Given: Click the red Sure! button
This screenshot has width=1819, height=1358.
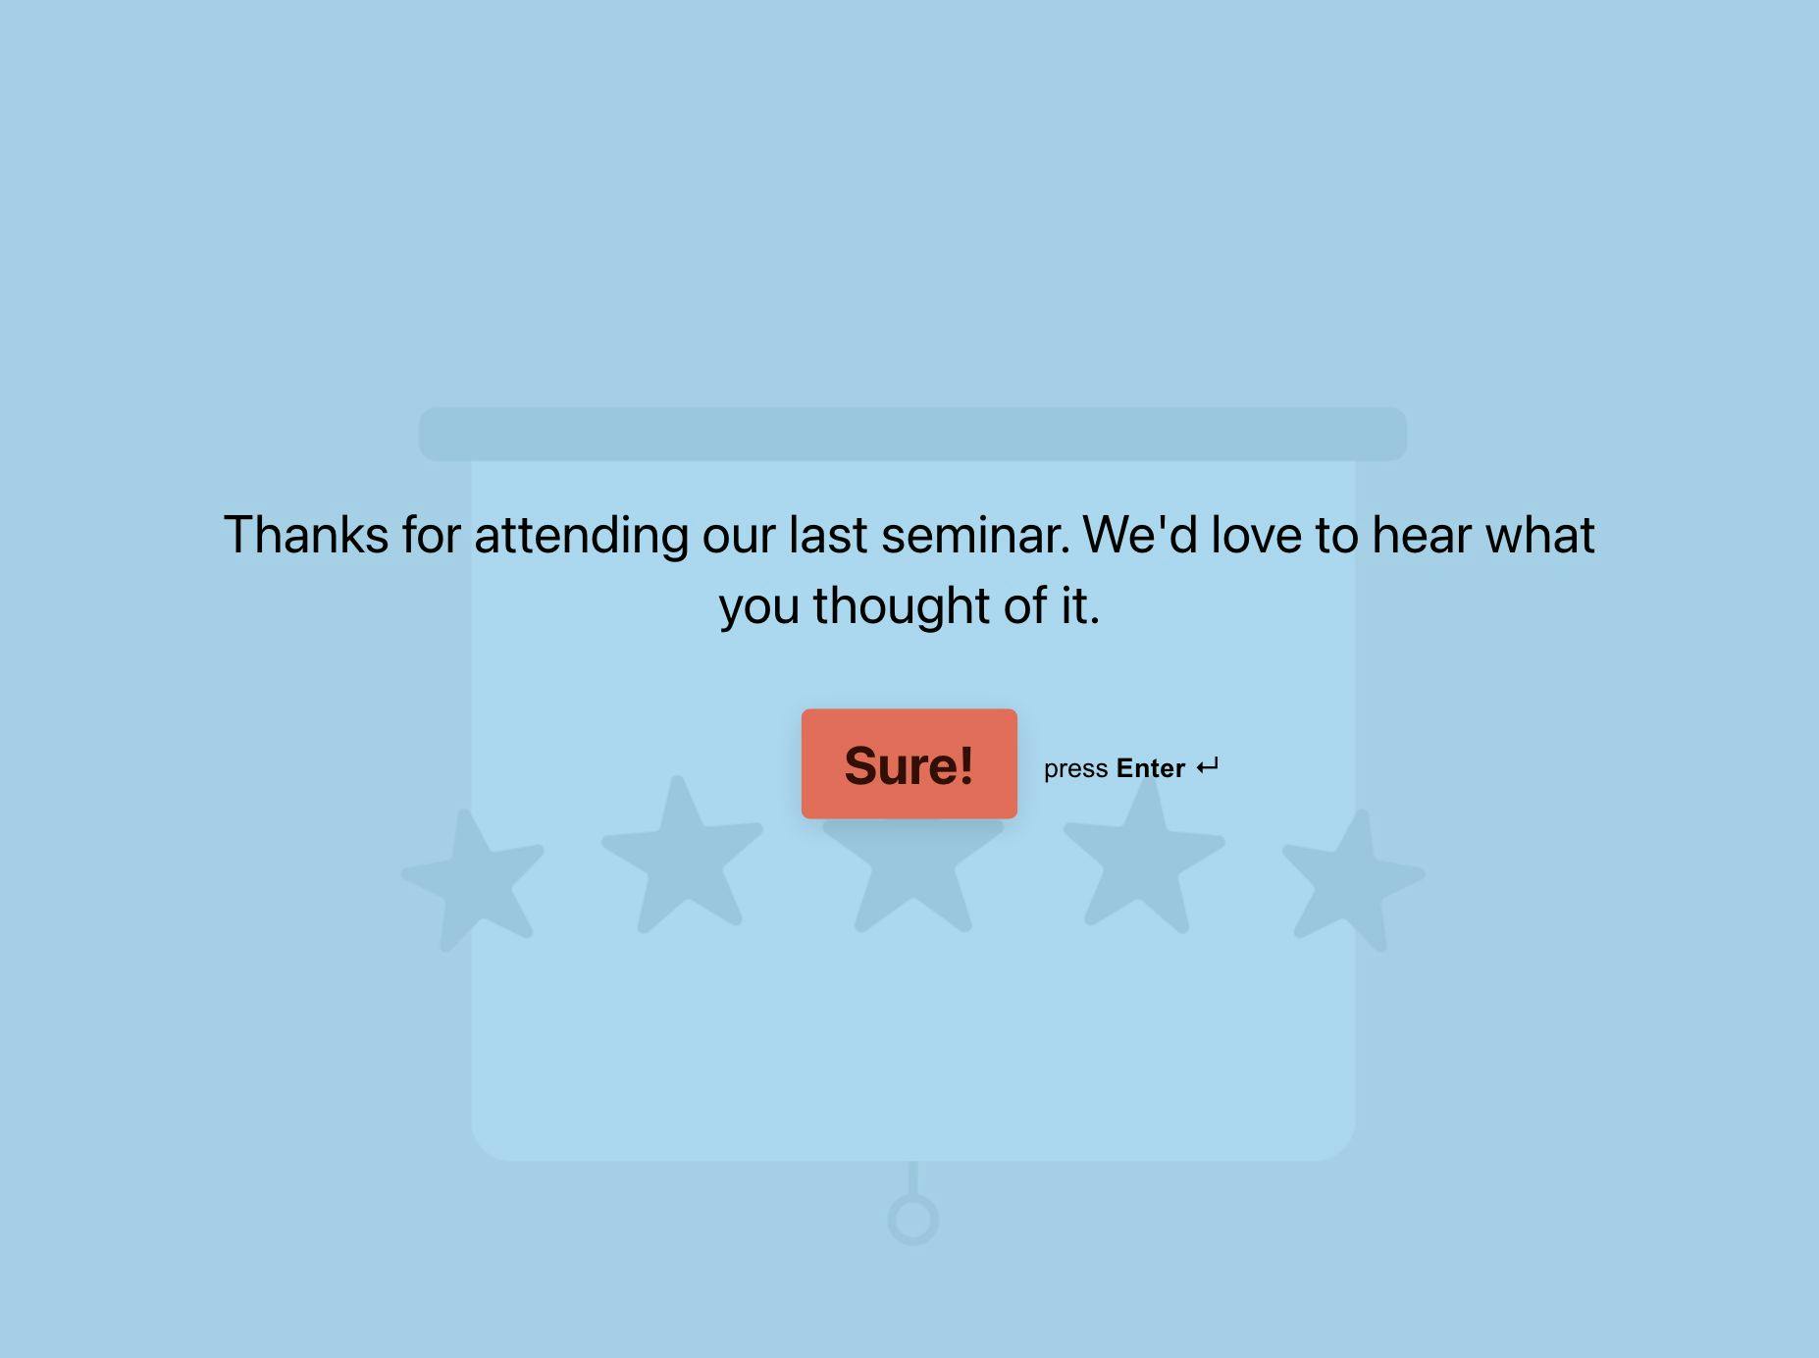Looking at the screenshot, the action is [909, 763].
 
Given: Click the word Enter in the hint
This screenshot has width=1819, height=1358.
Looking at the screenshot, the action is [1151, 768].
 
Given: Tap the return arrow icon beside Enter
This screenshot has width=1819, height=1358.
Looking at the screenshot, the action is [1208, 766].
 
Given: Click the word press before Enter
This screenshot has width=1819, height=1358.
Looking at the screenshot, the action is [1075, 770].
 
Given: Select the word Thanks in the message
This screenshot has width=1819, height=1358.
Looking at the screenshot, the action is [306, 536].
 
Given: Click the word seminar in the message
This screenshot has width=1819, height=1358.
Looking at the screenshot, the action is [975, 536].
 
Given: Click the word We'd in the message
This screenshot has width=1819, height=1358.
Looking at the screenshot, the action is [1140, 536].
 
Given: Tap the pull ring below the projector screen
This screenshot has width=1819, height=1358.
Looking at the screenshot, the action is [913, 1220].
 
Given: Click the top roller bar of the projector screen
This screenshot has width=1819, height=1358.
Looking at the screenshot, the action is [912, 434].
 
